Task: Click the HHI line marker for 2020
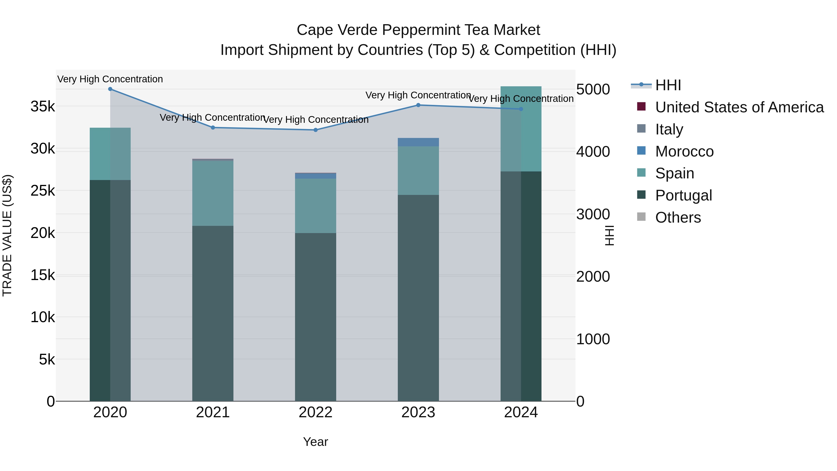click(x=110, y=89)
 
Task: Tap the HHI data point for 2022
click(x=316, y=130)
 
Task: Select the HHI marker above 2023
click(x=418, y=105)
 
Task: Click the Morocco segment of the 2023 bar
click(x=418, y=142)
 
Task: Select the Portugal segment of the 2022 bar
click(x=316, y=317)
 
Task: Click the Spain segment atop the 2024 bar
click(x=521, y=129)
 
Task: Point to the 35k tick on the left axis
click(x=43, y=107)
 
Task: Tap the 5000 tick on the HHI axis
click(x=593, y=89)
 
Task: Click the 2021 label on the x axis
click(x=213, y=412)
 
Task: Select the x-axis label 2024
click(x=521, y=412)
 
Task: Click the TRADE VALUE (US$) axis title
click(x=7, y=235)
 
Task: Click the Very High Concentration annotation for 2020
click(x=110, y=79)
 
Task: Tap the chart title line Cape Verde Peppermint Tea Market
click(x=418, y=30)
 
